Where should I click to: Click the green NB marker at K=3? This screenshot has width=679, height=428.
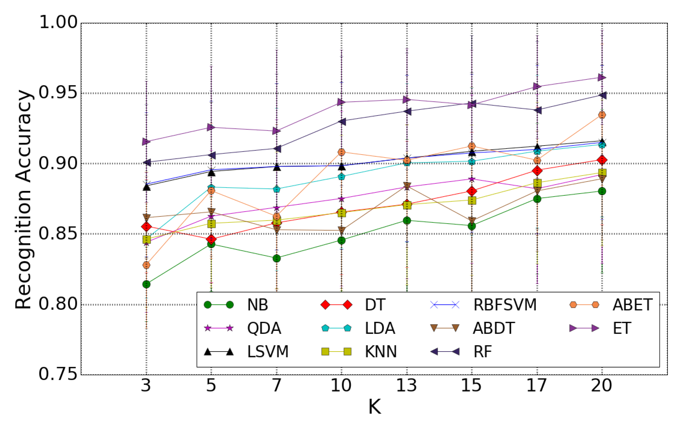tap(146, 284)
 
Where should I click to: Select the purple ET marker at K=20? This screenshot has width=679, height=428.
tap(602, 77)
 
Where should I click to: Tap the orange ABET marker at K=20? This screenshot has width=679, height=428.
tap(602, 115)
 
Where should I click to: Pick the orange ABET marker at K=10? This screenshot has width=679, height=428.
tap(341, 152)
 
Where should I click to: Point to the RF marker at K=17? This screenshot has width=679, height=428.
tap(537, 110)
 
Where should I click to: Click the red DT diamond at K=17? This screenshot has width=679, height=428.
tap(537, 170)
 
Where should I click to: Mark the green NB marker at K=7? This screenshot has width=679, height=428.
tap(277, 258)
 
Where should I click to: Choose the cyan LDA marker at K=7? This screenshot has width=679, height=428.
tap(277, 189)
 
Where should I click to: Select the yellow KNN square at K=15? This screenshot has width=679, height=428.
tap(472, 200)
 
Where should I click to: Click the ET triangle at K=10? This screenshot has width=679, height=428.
tap(341, 102)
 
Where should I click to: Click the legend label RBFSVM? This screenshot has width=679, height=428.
tap(505, 305)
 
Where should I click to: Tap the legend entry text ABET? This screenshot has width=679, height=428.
tap(633, 305)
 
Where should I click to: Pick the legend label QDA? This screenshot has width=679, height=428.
tap(264, 328)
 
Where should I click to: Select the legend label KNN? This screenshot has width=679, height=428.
tap(381, 352)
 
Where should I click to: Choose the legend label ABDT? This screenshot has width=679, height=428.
tap(494, 328)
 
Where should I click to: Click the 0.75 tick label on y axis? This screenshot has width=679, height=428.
tap(58, 374)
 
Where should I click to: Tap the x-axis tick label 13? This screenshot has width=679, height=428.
tap(406, 386)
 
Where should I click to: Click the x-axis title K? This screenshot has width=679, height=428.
tap(374, 407)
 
